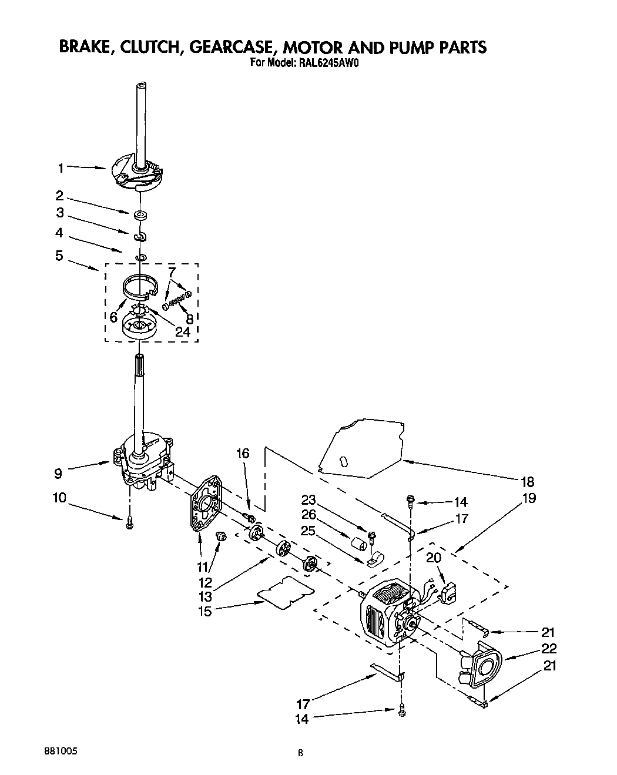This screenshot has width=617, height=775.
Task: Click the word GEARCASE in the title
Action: pos(229,48)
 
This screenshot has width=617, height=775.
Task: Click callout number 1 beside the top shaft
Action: pos(60,168)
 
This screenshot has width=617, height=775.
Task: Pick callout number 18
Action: pos(527,482)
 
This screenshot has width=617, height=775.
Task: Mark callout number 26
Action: pos(308,515)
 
